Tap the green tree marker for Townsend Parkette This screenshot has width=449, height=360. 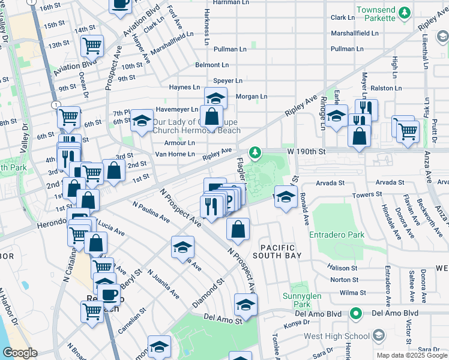[405, 12]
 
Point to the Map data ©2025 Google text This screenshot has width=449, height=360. [411, 356]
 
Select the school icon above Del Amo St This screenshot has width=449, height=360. [246, 305]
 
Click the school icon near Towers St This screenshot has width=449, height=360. [286, 197]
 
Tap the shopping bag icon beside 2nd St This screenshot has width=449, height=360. [114, 170]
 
